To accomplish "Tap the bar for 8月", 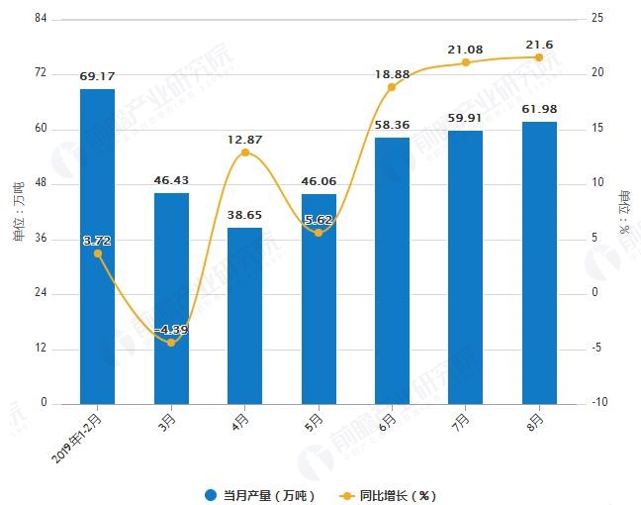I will [x=539, y=262].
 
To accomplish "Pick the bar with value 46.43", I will [x=171, y=297].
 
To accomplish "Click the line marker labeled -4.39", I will [x=171, y=343].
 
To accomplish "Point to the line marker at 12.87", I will [x=244, y=152].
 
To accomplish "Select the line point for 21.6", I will [x=539, y=56].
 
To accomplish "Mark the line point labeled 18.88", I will [x=392, y=87].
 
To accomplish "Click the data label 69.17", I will [x=97, y=75].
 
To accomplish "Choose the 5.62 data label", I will [x=319, y=220].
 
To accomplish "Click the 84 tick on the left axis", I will [x=42, y=19].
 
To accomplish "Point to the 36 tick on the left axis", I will [x=42, y=239].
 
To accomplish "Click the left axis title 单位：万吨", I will [x=18, y=211].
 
